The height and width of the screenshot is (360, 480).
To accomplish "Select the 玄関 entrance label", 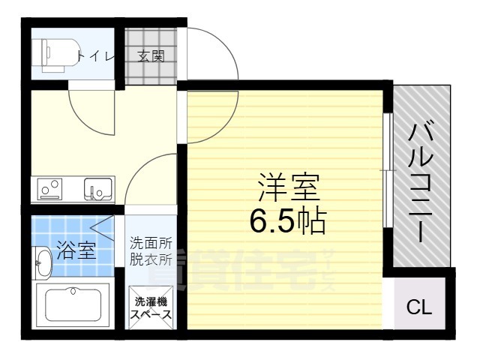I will [x=151, y=55].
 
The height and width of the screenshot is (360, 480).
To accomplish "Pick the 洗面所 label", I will [x=151, y=243].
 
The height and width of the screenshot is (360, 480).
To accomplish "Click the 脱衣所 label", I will [x=151, y=260].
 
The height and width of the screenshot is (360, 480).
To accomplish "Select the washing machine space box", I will [x=151, y=307].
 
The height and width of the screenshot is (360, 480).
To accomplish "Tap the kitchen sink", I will [x=97, y=190].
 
